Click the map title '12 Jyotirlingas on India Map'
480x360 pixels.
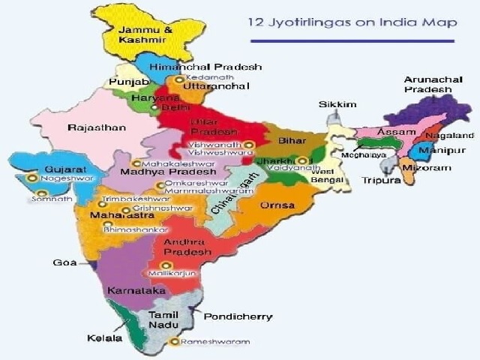pos(352,22)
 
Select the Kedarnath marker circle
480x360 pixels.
pos(178,79)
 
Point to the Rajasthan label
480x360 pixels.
pos(97,127)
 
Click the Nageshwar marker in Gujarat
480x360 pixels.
pos(31,178)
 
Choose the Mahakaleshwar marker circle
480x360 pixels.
pos(136,163)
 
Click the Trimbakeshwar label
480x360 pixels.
pos(129,201)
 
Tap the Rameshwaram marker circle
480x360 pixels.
pos(174,342)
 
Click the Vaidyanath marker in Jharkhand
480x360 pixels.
pos(301,160)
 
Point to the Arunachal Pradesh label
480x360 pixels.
pos(428,83)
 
